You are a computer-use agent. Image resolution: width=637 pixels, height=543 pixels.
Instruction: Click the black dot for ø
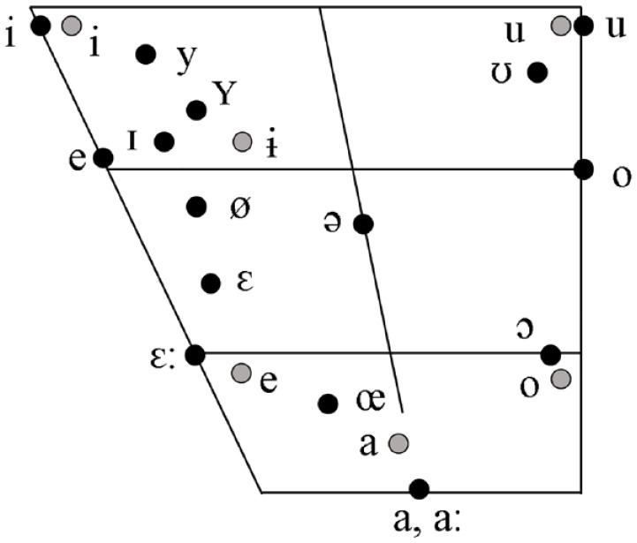[x=197, y=207]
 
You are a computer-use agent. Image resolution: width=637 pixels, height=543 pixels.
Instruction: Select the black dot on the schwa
[x=362, y=224]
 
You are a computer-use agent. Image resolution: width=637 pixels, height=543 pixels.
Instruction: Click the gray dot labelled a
[x=399, y=441]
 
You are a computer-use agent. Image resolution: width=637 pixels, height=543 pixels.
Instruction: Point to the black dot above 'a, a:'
[x=419, y=487]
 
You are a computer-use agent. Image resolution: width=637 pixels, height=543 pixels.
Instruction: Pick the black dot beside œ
[x=328, y=404]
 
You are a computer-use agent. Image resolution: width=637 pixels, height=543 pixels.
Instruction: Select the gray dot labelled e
[x=240, y=373]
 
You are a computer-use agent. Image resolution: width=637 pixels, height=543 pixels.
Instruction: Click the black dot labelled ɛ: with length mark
[x=195, y=354]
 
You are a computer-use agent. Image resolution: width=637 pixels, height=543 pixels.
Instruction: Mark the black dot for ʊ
[x=535, y=72]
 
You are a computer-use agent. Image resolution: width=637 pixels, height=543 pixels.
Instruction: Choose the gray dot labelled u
[x=560, y=26]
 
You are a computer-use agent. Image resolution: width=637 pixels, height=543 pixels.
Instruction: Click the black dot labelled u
[x=583, y=26]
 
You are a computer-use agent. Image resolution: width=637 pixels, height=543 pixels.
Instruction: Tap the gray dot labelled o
[x=560, y=379]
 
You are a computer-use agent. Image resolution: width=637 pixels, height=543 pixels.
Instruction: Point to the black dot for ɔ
[x=550, y=355]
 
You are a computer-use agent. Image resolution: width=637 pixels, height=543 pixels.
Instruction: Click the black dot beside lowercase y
[x=146, y=55]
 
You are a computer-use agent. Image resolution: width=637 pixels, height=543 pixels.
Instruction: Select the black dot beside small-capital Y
[x=197, y=109]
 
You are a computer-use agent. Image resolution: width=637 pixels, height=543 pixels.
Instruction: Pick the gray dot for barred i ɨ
[x=241, y=140]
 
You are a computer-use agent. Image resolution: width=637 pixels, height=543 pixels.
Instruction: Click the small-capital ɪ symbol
[x=132, y=140]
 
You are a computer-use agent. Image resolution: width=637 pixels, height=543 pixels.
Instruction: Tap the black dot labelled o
[x=583, y=169]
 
